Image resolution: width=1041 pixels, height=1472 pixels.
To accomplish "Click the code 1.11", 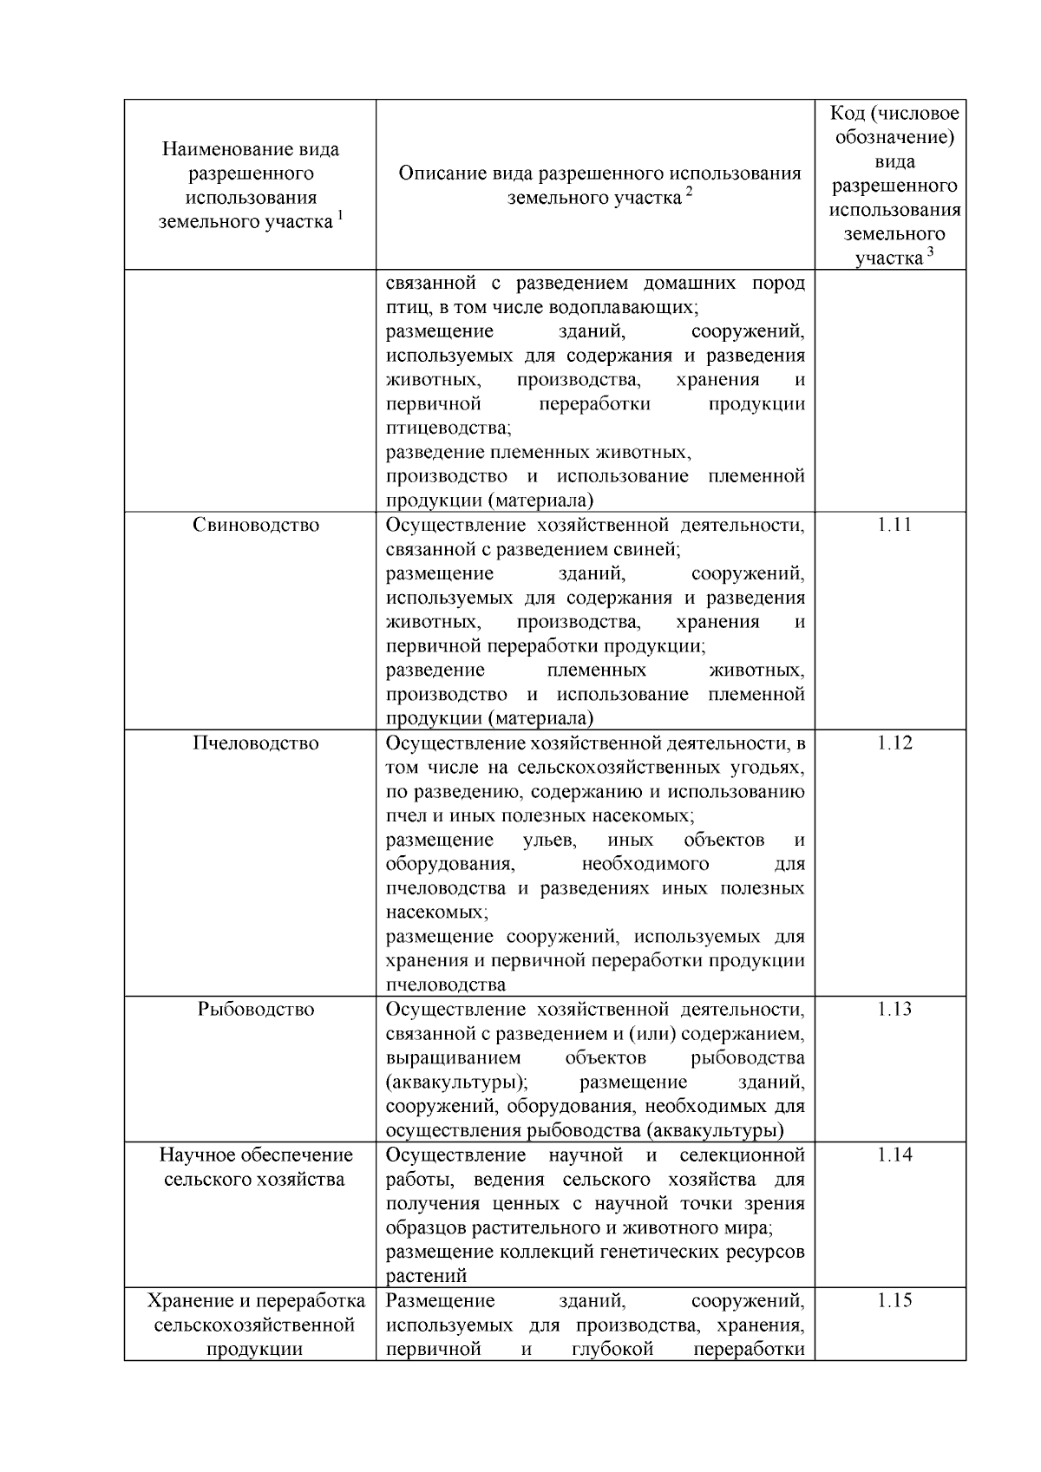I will pos(894,525).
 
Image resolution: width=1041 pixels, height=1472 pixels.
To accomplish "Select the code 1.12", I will pos(894,743).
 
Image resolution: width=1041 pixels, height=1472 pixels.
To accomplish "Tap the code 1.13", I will pos(894,1010).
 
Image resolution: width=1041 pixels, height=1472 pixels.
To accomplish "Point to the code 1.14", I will pos(894,1155).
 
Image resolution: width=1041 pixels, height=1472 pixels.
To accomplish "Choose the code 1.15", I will pos(894,1301).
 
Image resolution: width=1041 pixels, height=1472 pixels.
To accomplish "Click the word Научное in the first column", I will pos(199,1155).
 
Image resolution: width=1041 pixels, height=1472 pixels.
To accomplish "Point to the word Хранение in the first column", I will pos(187,1301).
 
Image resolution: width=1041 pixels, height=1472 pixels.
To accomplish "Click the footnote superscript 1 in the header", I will pos(341,216).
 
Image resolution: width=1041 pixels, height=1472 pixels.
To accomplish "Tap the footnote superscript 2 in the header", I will pos(689,192).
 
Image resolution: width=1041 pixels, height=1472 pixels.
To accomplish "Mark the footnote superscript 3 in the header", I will pos(931,252).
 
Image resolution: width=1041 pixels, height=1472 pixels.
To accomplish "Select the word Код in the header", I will pos(848,114).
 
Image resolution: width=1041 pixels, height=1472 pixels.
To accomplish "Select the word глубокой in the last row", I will pos(612,1350).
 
